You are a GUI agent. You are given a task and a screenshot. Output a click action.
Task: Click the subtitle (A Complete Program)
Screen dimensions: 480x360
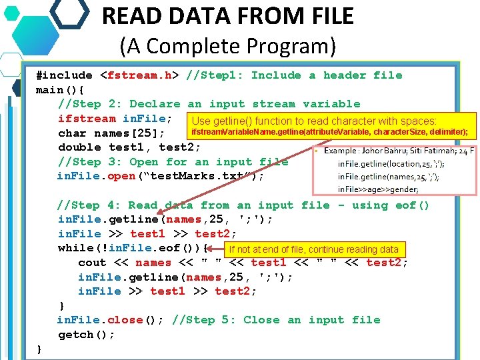click(228, 46)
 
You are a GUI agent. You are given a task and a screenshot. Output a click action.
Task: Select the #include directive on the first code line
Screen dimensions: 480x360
click(65, 75)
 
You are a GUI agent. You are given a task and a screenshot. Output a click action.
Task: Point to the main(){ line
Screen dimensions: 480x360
click(60, 90)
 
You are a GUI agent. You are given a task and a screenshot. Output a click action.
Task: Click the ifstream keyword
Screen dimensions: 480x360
click(87, 119)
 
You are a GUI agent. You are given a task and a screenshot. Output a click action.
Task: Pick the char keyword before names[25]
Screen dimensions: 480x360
click(72, 133)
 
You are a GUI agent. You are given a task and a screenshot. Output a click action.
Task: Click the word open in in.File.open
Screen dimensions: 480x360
click(121, 176)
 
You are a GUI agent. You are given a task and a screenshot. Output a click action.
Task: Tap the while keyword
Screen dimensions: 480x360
click(75, 248)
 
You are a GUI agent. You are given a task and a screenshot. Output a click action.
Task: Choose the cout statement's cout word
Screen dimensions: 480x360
click(93, 263)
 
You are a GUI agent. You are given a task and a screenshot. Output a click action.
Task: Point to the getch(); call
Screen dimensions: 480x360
click(87, 335)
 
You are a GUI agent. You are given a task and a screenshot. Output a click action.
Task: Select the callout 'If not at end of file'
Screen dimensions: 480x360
click(313, 250)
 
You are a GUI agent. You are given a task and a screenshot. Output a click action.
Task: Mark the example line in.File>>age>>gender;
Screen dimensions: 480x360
click(378, 190)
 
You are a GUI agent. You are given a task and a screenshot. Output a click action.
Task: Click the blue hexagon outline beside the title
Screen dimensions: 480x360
click(69, 11)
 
